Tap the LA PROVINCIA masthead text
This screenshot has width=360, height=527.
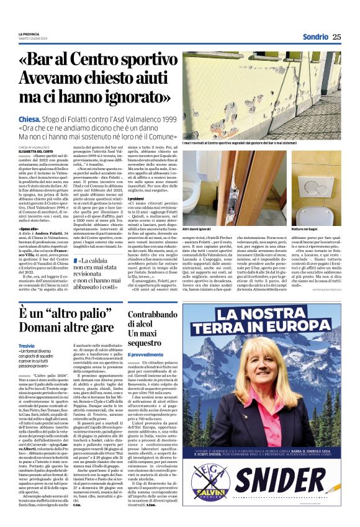29,34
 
